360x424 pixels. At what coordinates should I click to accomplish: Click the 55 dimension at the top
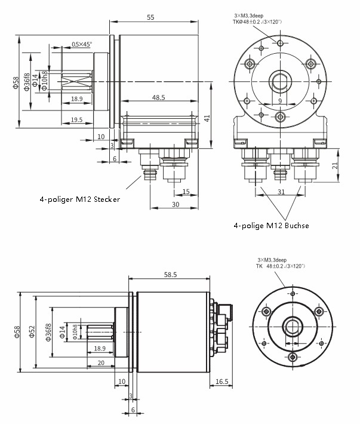150,17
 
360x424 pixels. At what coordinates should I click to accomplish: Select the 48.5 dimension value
159,97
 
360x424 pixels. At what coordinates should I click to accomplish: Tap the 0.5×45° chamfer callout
82,44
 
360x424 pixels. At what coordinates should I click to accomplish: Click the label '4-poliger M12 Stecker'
80,199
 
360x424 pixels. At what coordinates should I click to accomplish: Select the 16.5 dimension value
221,381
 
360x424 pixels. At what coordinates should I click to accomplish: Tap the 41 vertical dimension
207,118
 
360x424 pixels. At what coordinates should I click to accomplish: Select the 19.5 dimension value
76,119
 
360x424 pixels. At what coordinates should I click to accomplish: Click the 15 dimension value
186,191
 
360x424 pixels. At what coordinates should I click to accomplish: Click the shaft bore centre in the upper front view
279,81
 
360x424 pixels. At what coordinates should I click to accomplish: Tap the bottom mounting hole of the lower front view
292,357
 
